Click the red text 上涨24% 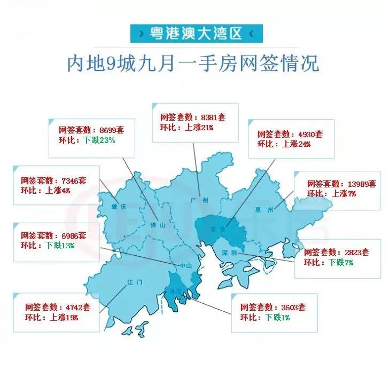(x=296, y=144)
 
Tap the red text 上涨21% (x=199, y=128)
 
